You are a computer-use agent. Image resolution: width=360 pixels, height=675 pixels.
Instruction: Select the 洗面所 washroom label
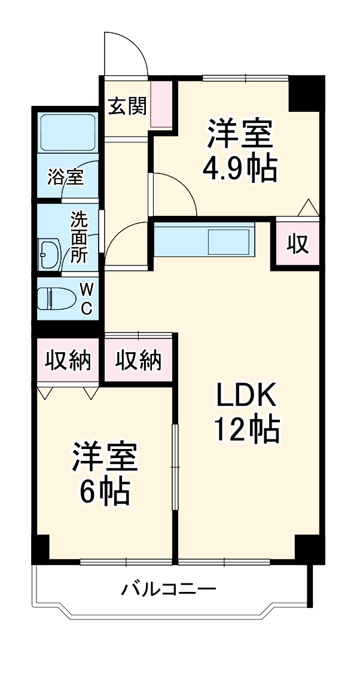[79, 237]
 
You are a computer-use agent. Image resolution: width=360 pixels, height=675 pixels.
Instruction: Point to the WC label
[86, 299]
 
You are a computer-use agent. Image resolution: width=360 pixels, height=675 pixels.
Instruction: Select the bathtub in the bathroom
[68, 132]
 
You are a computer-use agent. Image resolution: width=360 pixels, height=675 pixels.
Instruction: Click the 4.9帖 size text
[240, 170]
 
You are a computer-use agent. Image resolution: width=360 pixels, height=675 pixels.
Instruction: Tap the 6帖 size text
[105, 491]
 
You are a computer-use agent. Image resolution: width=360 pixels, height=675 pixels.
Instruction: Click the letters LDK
[245, 395]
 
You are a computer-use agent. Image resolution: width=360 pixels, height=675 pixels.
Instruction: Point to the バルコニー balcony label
[169, 590]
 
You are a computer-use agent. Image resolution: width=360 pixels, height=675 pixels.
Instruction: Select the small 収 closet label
[297, 243]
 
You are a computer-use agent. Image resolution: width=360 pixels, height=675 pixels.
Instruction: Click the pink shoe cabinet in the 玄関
[161, 104]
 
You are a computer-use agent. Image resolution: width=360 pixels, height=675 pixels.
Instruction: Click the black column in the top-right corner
[306, 93]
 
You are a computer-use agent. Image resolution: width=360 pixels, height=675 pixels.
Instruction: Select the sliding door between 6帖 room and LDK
[175, 466]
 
